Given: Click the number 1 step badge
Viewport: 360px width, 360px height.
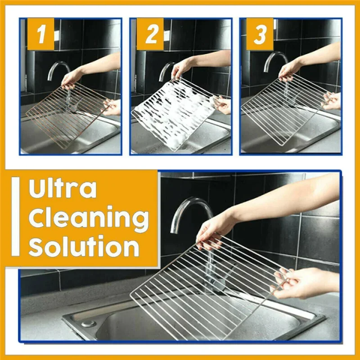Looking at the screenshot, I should pyautogui.click(x=40, y=34).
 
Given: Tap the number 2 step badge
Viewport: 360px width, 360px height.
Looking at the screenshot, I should pyautogui.click(x=151, y=34).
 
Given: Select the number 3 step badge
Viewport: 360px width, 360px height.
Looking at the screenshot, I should pyautogui.click(x=260, y=34).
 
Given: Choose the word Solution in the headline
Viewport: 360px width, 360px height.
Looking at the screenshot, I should pyautogui.click(x=84, y=247).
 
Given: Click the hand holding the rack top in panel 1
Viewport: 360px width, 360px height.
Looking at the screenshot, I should pyautogui.click(x=72, y=79).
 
